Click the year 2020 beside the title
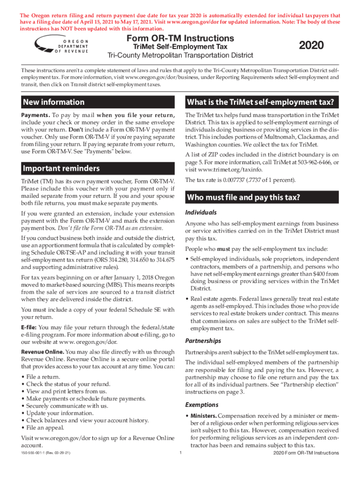pyautogui.click(x=311, y=45)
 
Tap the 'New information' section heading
pyautogui.click(x=54, y=102)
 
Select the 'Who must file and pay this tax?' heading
pyautogui.click(x=243, y=197)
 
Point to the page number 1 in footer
pyautogui.click(x=180, y=452)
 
